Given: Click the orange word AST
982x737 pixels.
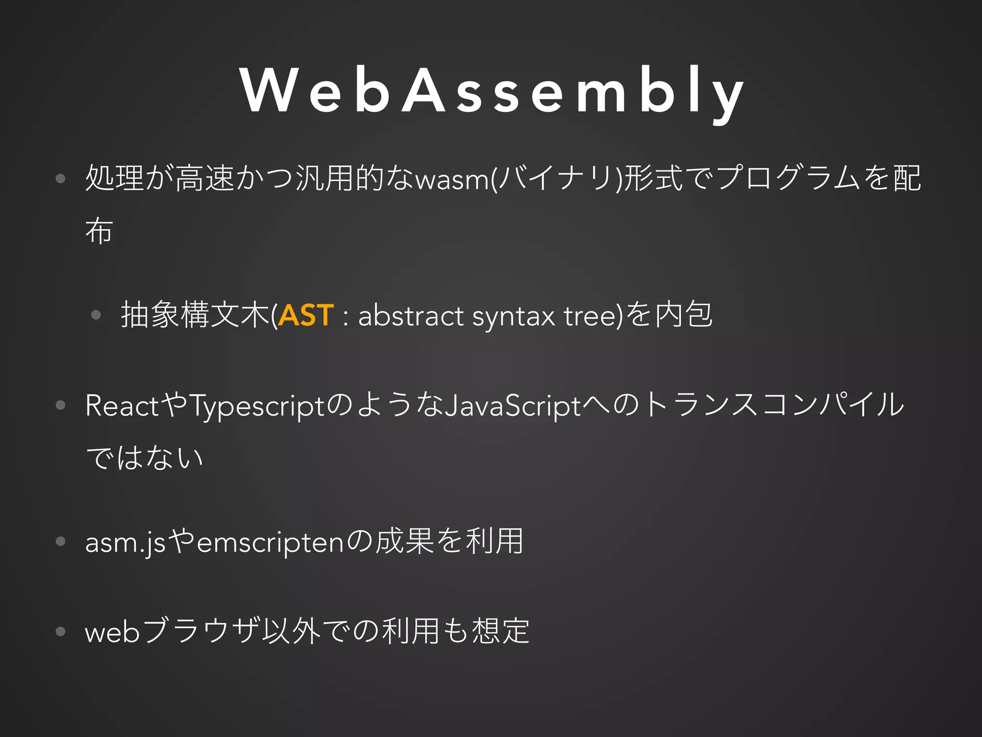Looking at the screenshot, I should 306,315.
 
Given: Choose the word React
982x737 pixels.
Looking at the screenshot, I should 122,405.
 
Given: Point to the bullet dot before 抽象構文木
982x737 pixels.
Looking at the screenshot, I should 96,315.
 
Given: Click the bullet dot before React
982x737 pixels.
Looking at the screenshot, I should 60,405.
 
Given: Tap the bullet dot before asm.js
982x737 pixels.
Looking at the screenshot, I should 60,542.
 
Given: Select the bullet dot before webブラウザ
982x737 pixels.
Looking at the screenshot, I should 60,631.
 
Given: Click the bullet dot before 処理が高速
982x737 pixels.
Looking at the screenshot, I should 60,179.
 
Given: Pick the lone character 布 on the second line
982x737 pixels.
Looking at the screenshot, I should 99,231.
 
